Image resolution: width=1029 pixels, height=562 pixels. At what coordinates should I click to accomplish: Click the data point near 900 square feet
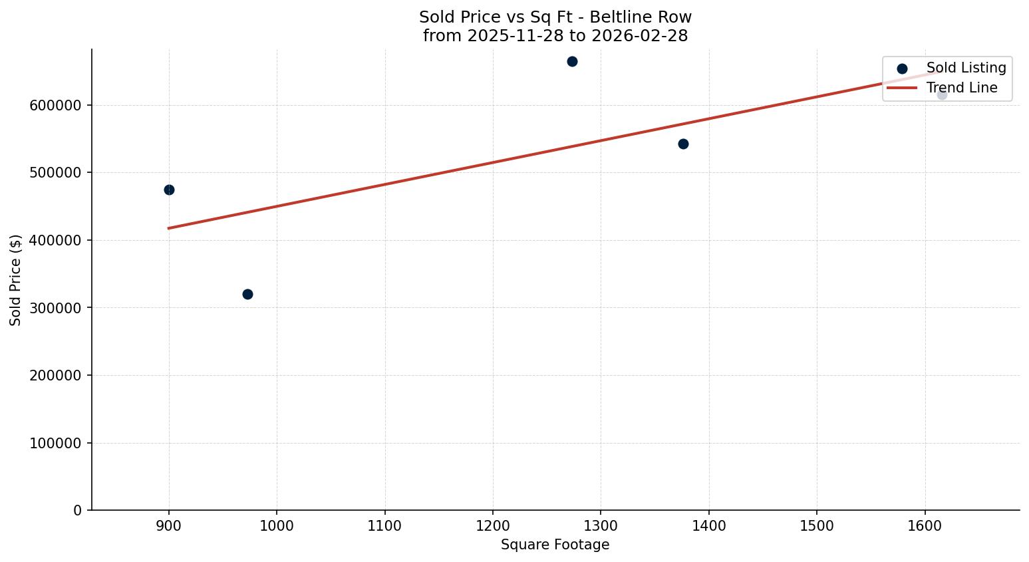click(169, 190)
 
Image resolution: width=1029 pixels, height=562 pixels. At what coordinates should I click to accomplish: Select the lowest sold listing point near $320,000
click(247, 294)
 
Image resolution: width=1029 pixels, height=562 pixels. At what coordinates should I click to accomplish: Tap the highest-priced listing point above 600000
click(572, 61)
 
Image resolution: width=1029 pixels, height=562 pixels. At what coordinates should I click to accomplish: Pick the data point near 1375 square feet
click(683, 144)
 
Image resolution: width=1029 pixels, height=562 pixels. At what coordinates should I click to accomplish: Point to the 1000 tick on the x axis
click(277, 525)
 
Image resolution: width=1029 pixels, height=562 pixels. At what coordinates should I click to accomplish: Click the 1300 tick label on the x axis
click(601, 525)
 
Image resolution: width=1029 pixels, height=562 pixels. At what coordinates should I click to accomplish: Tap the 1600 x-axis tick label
click(925, 525)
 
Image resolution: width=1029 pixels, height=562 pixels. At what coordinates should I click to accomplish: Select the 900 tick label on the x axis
click(169, 525)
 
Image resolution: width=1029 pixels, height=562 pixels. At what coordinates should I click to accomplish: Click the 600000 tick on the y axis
click(56, 105)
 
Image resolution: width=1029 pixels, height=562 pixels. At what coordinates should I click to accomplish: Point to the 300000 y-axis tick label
click(56, 308)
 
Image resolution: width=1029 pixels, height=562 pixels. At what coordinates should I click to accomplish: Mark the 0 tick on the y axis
click(78, 510)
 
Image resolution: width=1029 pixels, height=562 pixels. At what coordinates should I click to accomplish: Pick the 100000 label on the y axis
click(56, 443)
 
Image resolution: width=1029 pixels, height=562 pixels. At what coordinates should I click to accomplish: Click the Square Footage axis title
click(555, 545)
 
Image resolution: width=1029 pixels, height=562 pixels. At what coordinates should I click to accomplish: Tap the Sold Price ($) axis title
click(16, 280)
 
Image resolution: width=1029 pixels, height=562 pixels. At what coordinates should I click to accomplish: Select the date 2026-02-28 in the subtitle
click(639, 36)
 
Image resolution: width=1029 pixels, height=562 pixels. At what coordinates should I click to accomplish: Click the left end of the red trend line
click(169, 228)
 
